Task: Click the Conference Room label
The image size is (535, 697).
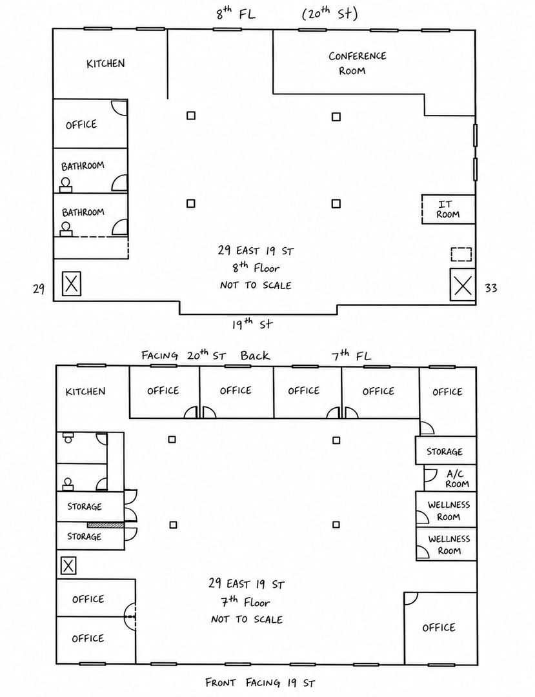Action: tap(357, 63)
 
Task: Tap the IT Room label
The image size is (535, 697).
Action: tap(447, 209)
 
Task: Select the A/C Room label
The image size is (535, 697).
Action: tap(457, 479)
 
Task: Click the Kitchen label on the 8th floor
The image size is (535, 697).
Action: tap(105, 63)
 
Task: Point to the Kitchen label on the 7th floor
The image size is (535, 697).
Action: tap(85, 392)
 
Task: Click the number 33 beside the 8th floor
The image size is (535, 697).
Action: tap(490, 288)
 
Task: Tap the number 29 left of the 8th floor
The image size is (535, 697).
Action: tap(39, 289)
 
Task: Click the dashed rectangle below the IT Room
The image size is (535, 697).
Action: tap(461, 254)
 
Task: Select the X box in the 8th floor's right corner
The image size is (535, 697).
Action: tap(463, 285)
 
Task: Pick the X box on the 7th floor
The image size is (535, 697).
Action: tap(68, 566)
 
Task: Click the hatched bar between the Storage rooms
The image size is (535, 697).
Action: tap(105, 525)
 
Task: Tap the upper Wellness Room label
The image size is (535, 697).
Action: tap(449, 510)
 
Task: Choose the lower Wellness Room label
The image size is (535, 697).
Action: tap(449, 545)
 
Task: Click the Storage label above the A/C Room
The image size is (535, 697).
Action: tap(445, 452)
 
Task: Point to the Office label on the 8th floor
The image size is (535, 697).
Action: tap(81, 125)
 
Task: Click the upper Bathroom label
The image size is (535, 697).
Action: tap(83, 167)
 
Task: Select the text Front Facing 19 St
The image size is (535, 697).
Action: tap(260, 682)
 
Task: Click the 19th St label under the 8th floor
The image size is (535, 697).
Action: tap(252, 323)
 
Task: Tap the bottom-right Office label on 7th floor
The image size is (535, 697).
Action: tap(439, 628)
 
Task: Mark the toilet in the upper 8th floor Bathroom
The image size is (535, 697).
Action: tap(66, 185)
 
